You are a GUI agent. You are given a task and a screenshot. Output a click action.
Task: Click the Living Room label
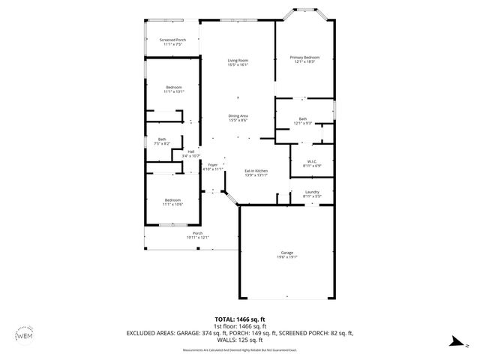point(238,62)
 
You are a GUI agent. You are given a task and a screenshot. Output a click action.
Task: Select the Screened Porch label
point(172,42)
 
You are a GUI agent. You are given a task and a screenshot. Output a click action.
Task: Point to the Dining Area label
point(238,118)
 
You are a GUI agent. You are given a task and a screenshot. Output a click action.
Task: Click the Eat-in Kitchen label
point(256,173)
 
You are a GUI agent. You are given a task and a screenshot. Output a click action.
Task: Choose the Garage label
point(287,254)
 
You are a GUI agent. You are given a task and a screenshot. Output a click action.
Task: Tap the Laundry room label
point(311,194)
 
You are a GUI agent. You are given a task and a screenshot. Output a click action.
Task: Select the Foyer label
point(213,167)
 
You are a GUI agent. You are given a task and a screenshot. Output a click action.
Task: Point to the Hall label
point(192,153)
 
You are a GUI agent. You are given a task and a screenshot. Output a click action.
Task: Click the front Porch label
point(198,235)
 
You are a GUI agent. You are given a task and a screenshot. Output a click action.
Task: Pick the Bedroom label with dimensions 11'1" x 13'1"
point(174,90)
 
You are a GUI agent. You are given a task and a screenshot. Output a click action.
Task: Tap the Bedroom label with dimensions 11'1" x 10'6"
point(172,202)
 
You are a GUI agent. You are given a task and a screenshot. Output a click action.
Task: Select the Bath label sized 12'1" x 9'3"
point(303,121)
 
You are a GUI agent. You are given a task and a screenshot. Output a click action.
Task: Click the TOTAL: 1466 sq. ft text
point(240,319)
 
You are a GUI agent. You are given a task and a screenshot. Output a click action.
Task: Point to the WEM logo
point(24,335)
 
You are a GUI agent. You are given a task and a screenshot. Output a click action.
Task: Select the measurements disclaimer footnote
point(240,349)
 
